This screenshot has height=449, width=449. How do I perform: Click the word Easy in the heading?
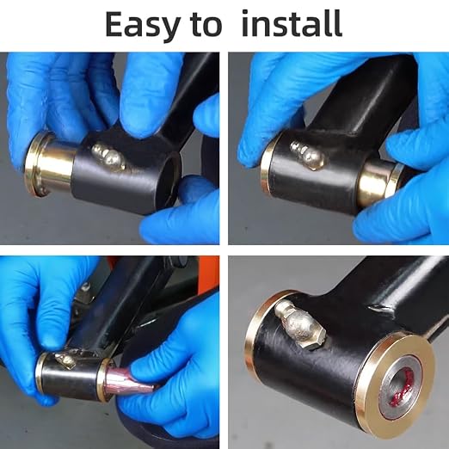(x=143, y=26)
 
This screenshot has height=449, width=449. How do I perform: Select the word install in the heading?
(x=292, y=23)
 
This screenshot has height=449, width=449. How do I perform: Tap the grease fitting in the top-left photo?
(x=108, y=157)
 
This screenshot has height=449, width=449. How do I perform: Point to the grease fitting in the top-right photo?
(x=307, y=155)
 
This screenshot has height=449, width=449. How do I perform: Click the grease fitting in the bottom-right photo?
(x=299, y=324)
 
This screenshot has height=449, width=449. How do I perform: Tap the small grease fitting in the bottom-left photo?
(x=65, y=361)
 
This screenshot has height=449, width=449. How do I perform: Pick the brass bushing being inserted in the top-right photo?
(x=378, y=183)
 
